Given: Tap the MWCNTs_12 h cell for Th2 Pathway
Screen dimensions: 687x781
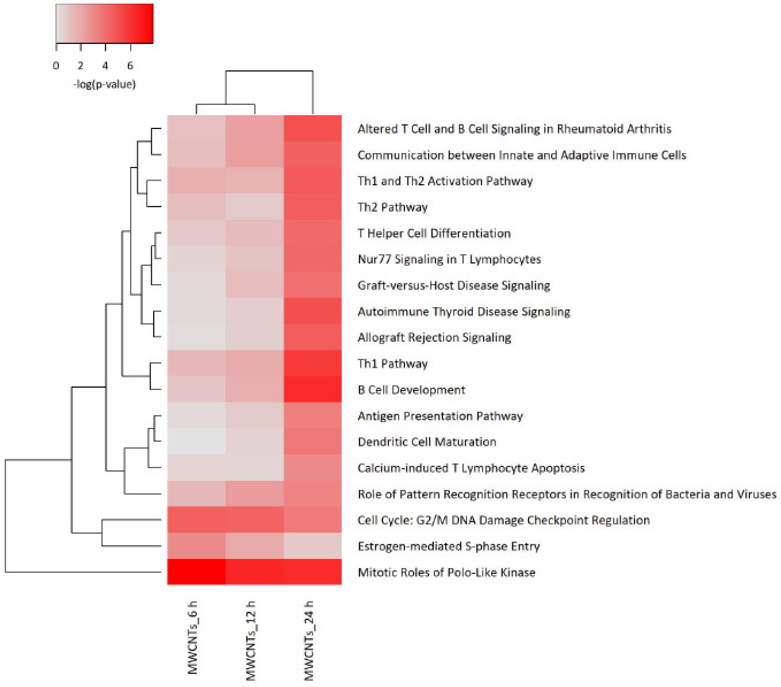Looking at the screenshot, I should coord(255,207).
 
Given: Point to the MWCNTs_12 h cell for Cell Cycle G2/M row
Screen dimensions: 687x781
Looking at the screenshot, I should coord(255,520).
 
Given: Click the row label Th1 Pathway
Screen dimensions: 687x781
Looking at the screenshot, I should coord(392,363).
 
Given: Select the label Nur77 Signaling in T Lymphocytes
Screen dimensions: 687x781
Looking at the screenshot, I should coord(449,259).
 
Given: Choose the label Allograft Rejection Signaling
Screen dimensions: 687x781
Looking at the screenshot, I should coord(434,337).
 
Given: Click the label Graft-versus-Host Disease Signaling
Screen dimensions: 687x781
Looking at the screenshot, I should coord(454,285).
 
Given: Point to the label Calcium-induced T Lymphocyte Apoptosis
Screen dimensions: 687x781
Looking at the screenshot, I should coord(471,468).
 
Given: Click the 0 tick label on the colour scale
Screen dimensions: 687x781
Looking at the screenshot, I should coord(56,66).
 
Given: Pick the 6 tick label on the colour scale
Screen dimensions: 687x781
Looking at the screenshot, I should coord(130,66).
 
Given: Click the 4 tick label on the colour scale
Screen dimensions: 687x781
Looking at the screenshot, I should coord(106,66).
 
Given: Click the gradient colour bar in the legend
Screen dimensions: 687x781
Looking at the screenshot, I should coord(104,23).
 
